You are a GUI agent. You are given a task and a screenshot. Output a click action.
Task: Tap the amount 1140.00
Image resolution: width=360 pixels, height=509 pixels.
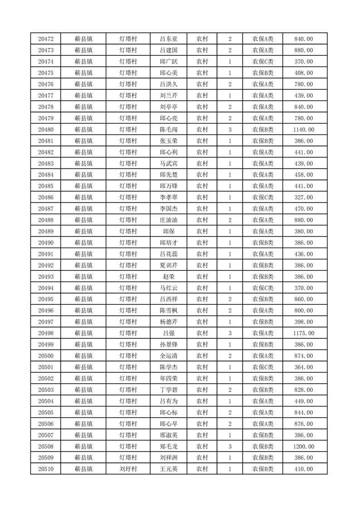(304, 129)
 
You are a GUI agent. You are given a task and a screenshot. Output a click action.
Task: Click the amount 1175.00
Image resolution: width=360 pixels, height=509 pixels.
(304, 333)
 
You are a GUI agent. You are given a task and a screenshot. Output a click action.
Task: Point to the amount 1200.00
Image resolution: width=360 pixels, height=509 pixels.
(304, 446)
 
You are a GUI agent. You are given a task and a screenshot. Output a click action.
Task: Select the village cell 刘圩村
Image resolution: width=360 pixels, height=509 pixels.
(128, 469)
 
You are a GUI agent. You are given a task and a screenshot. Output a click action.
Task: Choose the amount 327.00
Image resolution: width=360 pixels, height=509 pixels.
(304, 197)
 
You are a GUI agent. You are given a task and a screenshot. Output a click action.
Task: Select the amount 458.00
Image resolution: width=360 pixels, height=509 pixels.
(304, 175)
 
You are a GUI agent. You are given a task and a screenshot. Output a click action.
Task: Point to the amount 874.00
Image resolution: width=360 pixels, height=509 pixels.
(304, 356)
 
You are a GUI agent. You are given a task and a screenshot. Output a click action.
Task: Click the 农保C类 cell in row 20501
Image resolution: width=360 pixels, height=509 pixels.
(263, 367)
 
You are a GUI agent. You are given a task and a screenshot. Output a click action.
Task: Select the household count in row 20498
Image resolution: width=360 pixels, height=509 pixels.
(230, 333)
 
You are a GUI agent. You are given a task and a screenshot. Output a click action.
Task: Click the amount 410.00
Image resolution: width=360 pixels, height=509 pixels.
(304, 469)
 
